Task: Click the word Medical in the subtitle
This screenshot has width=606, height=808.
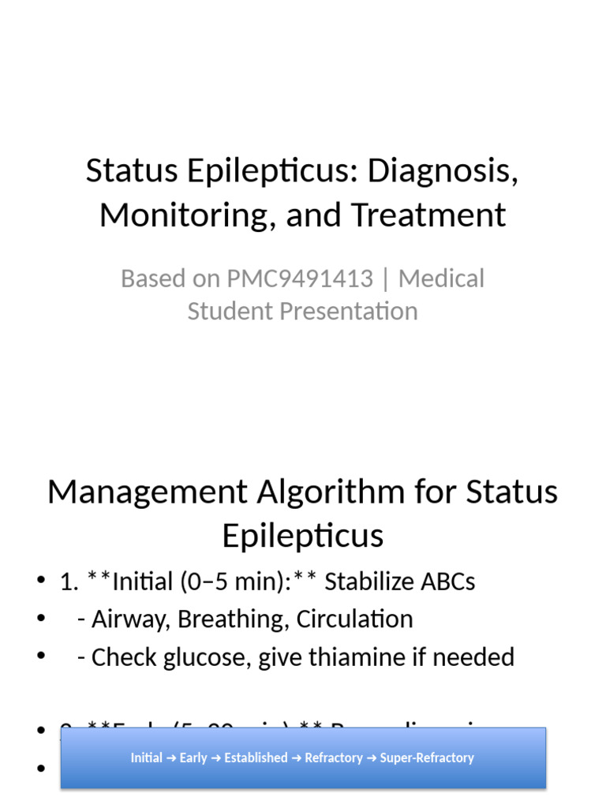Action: coord(441,279)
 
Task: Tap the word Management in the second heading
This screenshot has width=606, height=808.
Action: coord(148,492)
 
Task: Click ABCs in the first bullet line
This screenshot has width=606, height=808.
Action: coord(449,582)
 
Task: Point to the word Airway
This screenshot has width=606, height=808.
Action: coord(126,619)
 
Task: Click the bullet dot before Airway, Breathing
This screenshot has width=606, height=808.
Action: coord(40,619)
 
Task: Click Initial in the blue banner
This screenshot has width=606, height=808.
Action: coord(147,758)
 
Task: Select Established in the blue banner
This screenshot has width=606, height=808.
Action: coord(256,758)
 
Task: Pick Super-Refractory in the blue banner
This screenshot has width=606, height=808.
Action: coord(427,758)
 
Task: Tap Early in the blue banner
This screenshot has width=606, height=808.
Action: coord(193,758)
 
